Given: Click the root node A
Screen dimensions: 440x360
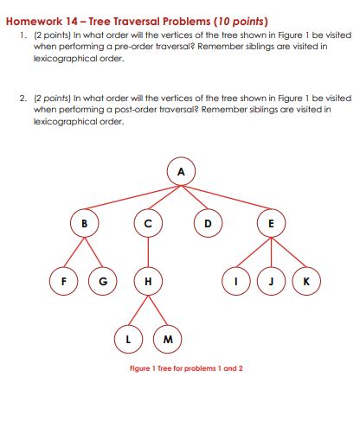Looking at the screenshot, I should (x=181, y=170).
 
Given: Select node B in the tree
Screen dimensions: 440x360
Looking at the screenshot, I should (x=84, y=223).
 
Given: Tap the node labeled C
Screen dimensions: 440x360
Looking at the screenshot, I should (x=148, y=223).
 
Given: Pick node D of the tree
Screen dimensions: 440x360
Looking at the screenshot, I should (x=207, y=223).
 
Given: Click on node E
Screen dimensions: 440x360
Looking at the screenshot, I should (x=272, y=223).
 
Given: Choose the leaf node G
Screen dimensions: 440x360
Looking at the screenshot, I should (x=103, y=281).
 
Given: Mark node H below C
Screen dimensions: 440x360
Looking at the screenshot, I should (x=148, y=281).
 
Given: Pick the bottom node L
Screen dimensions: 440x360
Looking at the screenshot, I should (x=129, y=339).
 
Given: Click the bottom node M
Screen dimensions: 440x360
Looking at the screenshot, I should (x=167, y=339).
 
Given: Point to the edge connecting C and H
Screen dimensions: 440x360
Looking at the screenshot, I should (x=148, y=252).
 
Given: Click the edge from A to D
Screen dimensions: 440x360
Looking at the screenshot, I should (x=195, y=198).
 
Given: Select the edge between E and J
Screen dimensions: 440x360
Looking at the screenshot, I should (x=272, y=252).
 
